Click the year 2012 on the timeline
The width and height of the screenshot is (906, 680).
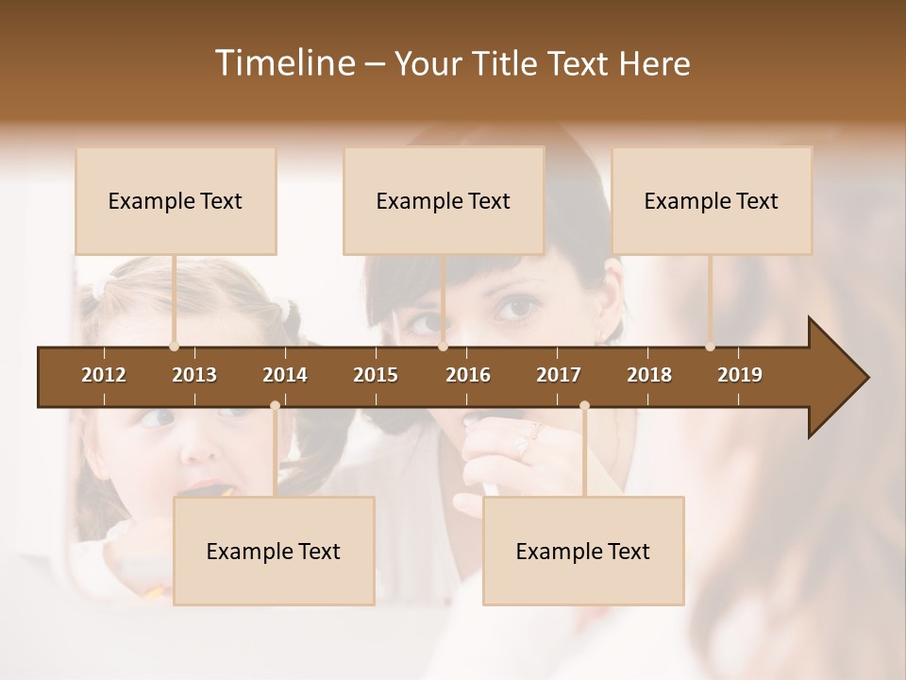coord(104,375)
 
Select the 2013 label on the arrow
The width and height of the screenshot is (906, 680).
coord(194,375)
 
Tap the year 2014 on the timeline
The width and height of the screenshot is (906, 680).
coord(285,375)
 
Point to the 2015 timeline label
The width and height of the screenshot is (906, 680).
coord(376,375)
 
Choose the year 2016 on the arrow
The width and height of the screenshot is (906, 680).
coord(468,375)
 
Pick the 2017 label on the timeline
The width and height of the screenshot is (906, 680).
coord(559,375)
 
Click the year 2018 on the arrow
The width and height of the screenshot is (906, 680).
coord(649,375)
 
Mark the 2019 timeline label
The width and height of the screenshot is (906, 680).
coord(740,375)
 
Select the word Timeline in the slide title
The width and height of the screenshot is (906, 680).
coord(283,63)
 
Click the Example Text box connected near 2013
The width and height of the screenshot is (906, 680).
coord(176,201)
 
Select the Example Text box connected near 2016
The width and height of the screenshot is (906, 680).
coord(444,201)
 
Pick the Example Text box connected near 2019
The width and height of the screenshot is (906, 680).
coord(712,201)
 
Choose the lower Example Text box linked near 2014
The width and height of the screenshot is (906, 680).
coord(274,552)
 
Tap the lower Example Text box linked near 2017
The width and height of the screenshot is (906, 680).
coord(583,552)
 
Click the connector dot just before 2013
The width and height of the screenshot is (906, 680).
coord(174,347)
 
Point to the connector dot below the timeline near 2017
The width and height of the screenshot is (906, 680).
coord(584,406)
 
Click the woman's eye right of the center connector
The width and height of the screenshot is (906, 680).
coord(517,308)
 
